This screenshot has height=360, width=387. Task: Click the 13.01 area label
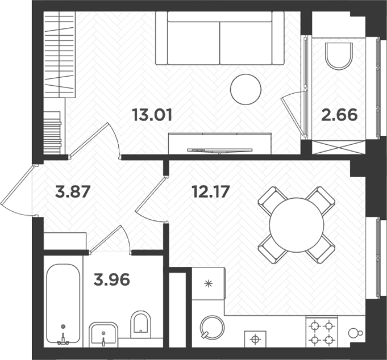pos(152,115)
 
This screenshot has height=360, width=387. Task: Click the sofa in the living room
pos(219,40)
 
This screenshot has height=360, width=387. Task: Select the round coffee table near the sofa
pos(246,89)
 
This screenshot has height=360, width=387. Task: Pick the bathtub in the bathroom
pos(63,304)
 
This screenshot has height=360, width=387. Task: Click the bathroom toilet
pos(140,325)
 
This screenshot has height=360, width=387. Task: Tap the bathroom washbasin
pos(103,334)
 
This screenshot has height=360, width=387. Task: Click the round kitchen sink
pos(213,328)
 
